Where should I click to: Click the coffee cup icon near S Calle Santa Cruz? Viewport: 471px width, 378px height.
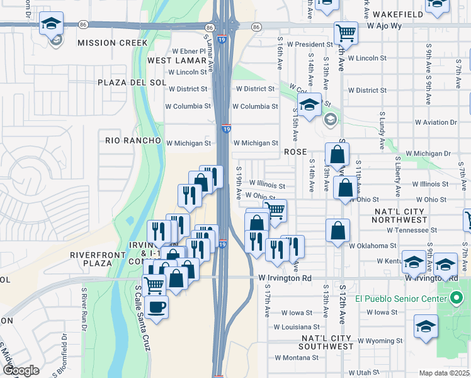click(x=156, y=307)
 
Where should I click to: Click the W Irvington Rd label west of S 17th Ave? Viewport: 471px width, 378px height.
click(x=285, y=278)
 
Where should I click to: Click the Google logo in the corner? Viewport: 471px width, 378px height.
click(x=21, y=370)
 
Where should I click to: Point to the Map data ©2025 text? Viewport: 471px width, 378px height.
click(x=445, y=373)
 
